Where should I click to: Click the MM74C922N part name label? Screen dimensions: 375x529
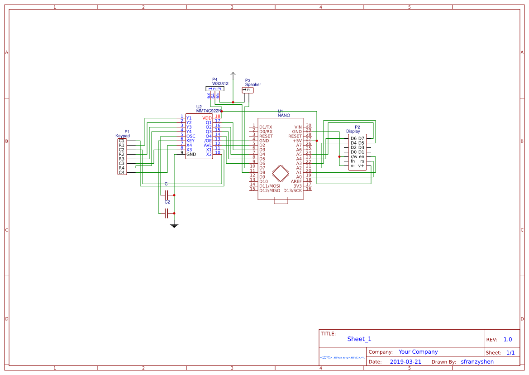(209, 111)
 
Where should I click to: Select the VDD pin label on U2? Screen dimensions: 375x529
(207, 118)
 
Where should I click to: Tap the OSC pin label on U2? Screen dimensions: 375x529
(191, 136)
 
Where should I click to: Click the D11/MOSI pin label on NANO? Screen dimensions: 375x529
(269, 186)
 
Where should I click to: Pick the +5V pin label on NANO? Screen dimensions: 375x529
(297, 141)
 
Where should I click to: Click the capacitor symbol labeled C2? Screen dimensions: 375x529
(167, 213)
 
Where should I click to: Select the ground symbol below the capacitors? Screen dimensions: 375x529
(174, 224)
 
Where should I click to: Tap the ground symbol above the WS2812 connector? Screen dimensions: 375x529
(233, 74)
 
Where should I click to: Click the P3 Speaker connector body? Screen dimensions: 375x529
(248, 90)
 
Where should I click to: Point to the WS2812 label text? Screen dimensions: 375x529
(220, 84)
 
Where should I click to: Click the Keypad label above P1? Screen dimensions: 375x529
(123, 136)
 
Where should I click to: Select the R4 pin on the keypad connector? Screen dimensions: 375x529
(122, 168)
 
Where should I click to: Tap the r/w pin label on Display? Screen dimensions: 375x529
(353, 156)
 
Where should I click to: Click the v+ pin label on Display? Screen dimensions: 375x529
(361, 166)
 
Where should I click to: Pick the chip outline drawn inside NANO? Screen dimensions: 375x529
(281, 173)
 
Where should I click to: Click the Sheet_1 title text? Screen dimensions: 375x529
(359, 339)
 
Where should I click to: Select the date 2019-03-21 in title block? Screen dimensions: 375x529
(405, 362)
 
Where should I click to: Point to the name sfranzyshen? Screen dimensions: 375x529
(477, 362)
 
